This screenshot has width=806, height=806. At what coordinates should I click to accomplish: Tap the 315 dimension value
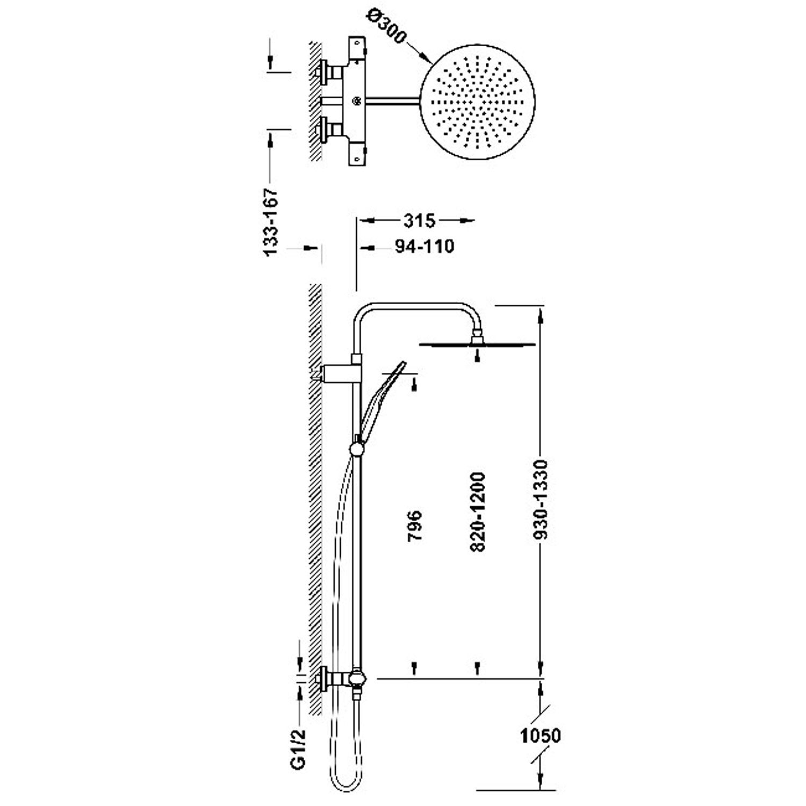pos(419,220)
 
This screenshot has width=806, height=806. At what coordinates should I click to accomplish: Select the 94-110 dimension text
pos(424,247)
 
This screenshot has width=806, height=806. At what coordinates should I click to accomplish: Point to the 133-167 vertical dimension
pos(273,221)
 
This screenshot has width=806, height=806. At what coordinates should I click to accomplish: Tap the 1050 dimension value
pos(541,735)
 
